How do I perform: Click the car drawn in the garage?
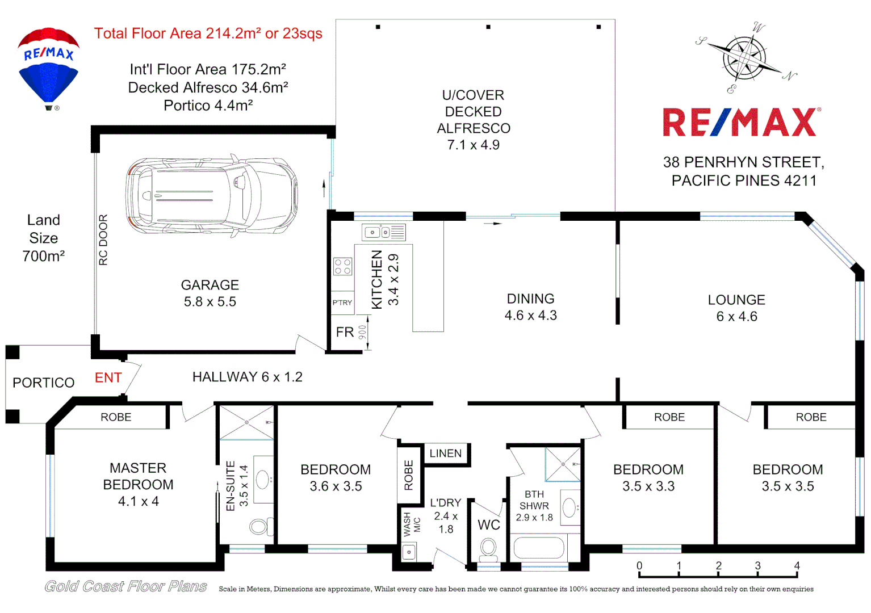pos(211,196)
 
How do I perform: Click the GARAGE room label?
pos(210,285)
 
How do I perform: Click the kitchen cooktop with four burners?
pos(342,267)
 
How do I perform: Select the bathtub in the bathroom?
pos(539,548)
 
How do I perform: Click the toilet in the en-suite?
pos(259,527)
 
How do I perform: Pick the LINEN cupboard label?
pos(446,454)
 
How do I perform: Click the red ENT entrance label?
pos(108,378)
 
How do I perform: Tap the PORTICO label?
pos(44,383)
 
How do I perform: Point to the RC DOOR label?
pos(103,240)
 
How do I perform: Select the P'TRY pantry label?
pos(342,303)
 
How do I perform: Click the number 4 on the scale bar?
pos(797,566)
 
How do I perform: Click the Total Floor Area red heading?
pos(208,33)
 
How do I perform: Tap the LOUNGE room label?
pos(736,300)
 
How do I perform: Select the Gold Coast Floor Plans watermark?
pos(125,587)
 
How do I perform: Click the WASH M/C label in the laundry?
pos(412,524)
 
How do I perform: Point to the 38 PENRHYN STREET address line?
pos(743,162)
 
